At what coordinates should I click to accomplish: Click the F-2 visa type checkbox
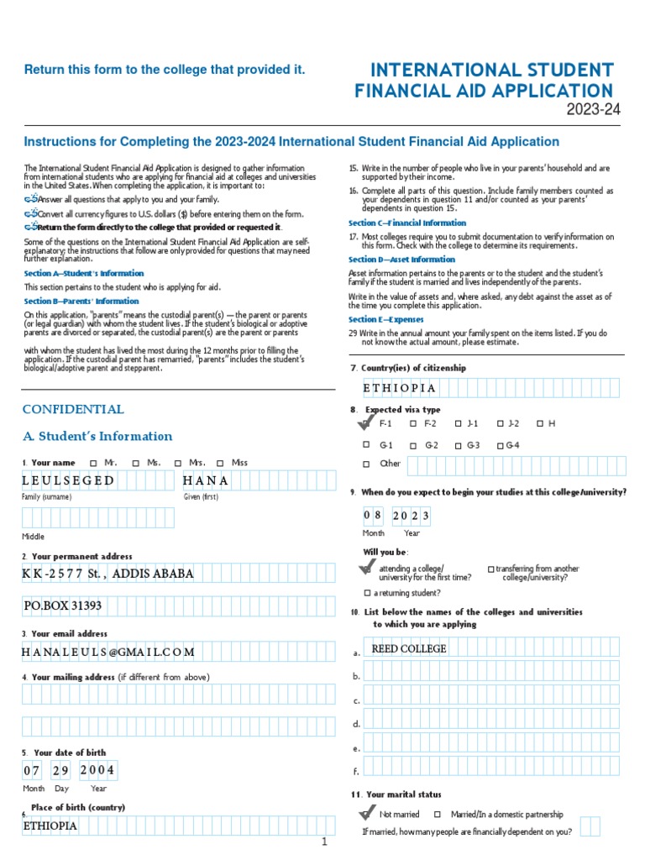tap(413, 424)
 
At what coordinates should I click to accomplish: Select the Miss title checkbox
tap(220, 463)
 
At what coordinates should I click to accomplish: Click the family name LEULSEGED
tap(68, 481)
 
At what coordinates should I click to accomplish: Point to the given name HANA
tap(206, 481)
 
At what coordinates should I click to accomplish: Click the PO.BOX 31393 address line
tap(63, 606)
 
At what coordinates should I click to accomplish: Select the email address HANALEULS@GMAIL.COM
tap(108, 652)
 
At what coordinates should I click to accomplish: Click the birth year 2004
tap(97, 770)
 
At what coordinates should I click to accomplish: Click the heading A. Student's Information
tap(97, 437)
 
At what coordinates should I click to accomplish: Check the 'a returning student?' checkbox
tap(366, 593)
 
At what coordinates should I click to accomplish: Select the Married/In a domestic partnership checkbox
tap(437, 815)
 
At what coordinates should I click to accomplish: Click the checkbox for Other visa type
tap(366, 464)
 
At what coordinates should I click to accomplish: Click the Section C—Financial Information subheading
tap(407, 223)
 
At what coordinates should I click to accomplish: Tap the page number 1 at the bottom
tap(323, 842)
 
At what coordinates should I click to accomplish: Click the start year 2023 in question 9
tap(412, 515)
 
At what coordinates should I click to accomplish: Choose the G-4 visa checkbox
tap(500, 445)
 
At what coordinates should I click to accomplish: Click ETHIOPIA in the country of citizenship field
tap(400, 388)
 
